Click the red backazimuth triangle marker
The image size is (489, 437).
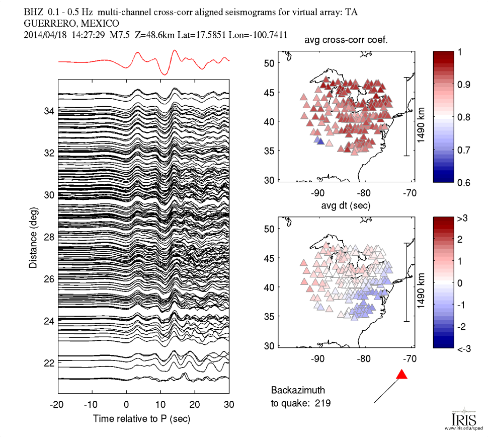click(401, 375)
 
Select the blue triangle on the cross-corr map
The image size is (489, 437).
click(318, 141)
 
